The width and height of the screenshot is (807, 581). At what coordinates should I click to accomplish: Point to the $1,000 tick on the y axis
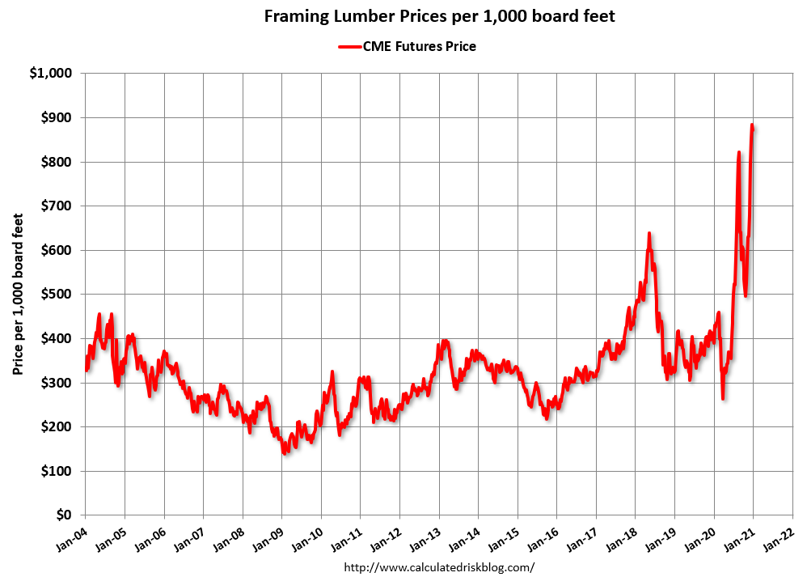click(x=51, y=74)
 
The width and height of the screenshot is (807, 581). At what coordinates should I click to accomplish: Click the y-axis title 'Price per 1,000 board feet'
click(x=18, y=294)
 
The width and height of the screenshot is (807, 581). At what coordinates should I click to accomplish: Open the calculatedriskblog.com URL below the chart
click(x=440, y=567)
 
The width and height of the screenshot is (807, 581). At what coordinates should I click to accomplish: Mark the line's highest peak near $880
click(x=752, y=125)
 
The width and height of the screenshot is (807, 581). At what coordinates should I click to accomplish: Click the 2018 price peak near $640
click(x=649, y=234)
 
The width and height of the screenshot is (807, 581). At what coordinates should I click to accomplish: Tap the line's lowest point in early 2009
click(x=284, y=452)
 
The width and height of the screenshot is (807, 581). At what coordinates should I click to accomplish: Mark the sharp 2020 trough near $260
click(x=723, y=398)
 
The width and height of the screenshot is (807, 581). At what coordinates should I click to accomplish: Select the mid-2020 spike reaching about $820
click(x=738, y=152)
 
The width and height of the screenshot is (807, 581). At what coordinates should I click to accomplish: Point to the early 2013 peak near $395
click(x=444, y=341)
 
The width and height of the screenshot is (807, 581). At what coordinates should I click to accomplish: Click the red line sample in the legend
click(x=349, y=47)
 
